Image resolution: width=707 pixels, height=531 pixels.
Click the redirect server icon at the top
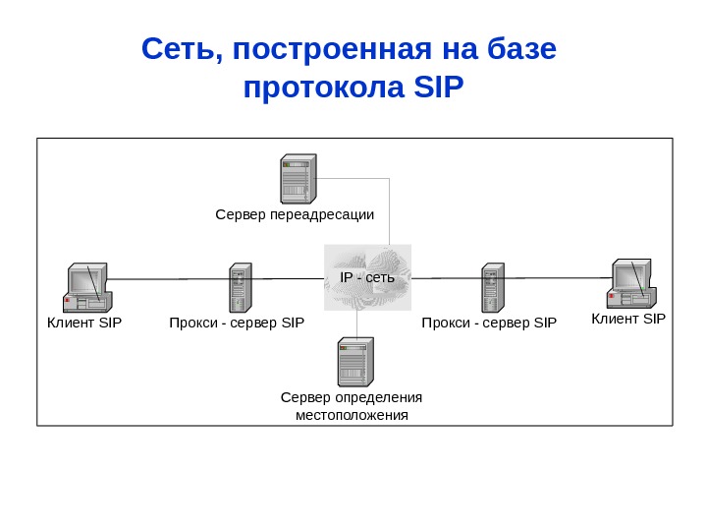pyautogui.click(x=297, y=178)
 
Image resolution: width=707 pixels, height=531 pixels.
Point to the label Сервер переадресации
pyautogui.click(x=295, y=213)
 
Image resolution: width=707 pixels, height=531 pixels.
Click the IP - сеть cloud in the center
pyautogui.click(x=367, y=277)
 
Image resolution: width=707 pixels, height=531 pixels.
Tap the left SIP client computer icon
pyautogui.click(x=86, y=288)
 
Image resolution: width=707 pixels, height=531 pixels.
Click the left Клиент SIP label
pyautogui.click(x=84, y=322)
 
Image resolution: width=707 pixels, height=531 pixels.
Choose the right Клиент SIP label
pyautogui.click(x=628, y=319)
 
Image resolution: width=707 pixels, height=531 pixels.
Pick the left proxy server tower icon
pyautogui.click(x=240, y=287)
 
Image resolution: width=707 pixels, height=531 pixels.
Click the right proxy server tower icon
pyautogui.click(x=492, y=287)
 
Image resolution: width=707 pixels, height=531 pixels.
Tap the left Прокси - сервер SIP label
pyautogui.click(x=237, y=322)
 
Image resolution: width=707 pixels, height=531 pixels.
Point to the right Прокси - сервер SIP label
pyautogui.click(x=489, y=322)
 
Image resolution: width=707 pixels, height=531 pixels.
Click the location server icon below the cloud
pyautogui.click(x=354, y=361)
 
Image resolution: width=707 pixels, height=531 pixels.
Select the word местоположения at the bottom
pyautogui.click(x=352, y=415)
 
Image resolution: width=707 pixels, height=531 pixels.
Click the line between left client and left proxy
pyautogui.click(x=167, y=279)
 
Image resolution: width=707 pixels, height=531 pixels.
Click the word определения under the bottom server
pyautogui.click(x=379, y=397)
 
